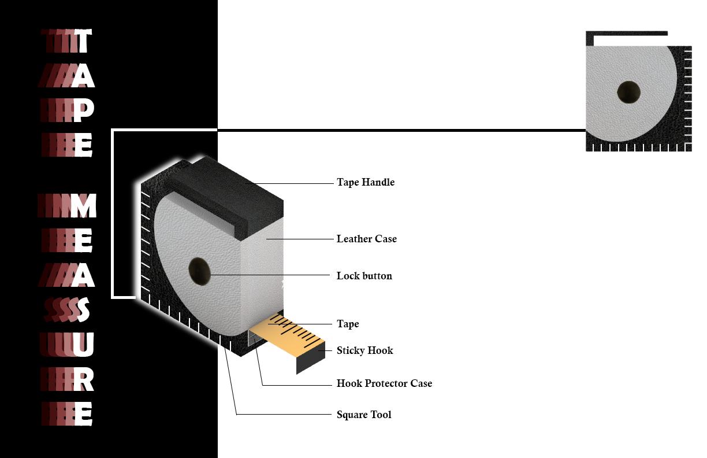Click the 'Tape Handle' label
(x=365, y=182)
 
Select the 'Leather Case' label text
(x=366, y=239)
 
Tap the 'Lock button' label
(x=364, y=276)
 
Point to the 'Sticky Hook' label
(x=364, y=350)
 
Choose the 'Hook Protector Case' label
(x=384, y=383)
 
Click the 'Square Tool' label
(x=363, y=415)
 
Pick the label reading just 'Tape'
(x=347, y=324)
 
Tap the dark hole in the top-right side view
(x=628, y=92)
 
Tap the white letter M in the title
(x=83, y=206)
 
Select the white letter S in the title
(x=83, y=310)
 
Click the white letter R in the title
(x=83, y=379)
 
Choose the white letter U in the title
(x=83, y=345)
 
